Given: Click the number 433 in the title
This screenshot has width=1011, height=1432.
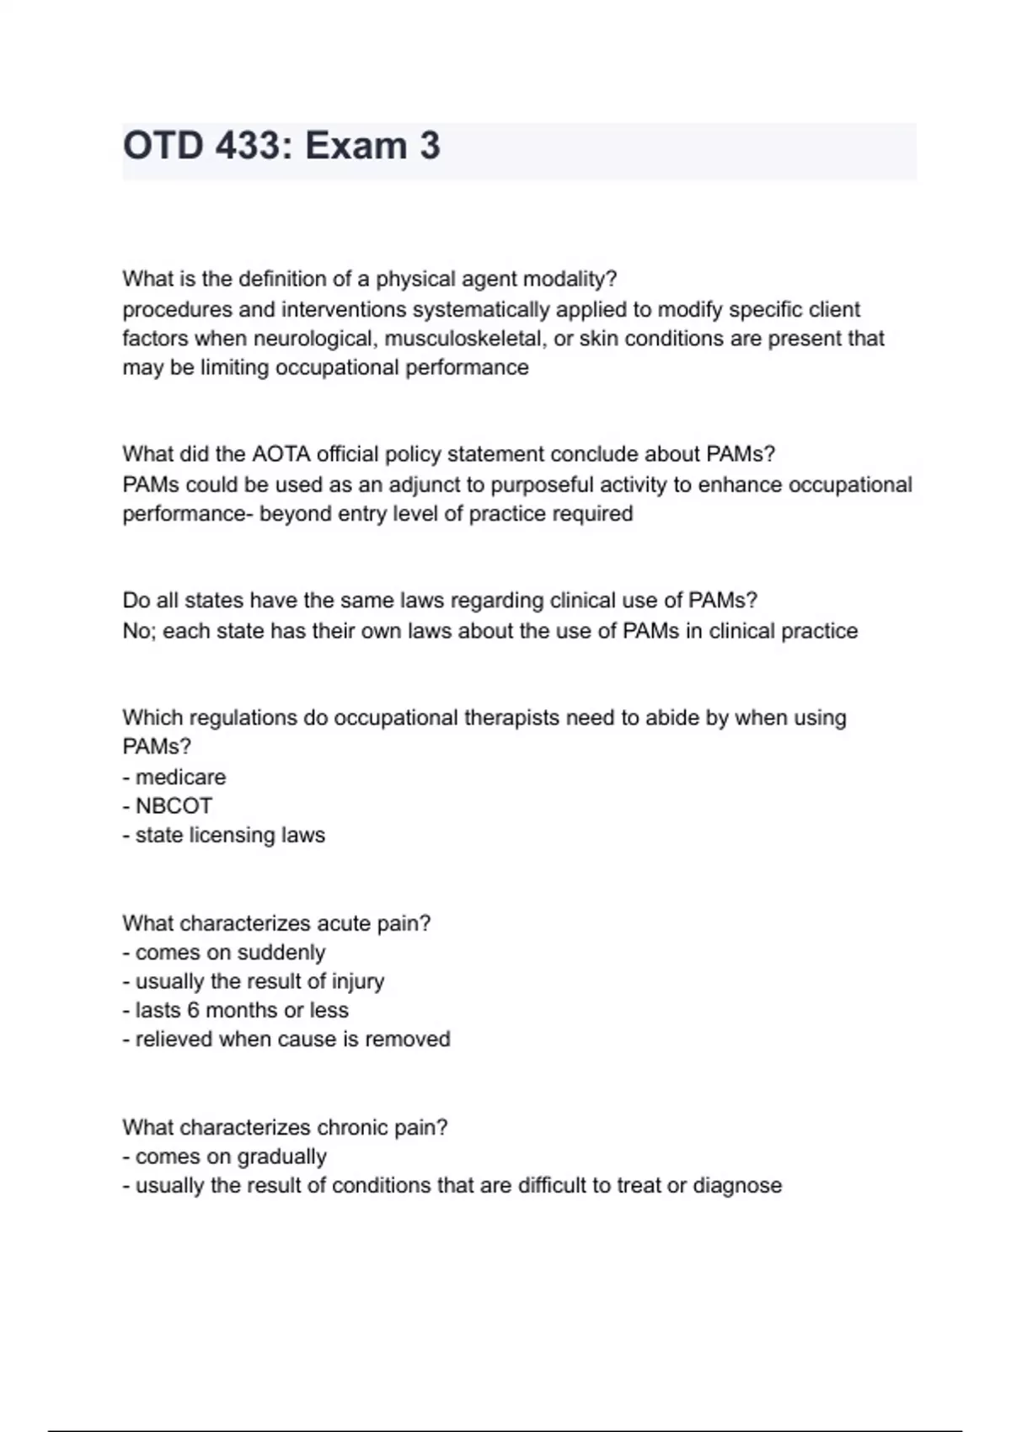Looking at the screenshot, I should click(248, 146).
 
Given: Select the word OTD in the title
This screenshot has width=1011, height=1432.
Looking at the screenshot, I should click(163, 146).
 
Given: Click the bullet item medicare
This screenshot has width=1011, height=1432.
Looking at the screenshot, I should click(180, 777).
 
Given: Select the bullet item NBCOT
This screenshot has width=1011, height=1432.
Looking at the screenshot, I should click(174, 806).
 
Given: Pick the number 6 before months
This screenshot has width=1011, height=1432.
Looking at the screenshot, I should click(193, 1010).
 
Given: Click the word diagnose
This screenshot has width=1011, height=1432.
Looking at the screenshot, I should click(737, 1186).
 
